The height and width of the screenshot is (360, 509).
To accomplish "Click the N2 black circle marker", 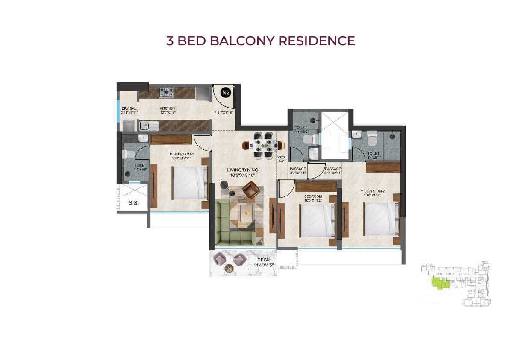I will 226,92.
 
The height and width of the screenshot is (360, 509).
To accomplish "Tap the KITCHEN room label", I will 168,108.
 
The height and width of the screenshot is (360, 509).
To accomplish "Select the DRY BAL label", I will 128,108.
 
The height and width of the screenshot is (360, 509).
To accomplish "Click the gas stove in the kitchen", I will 166,92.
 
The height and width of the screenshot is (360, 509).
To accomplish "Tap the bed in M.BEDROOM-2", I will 381,219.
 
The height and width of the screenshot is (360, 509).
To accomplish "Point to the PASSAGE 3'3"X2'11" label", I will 298,171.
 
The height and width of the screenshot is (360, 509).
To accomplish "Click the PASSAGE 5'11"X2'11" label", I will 332,171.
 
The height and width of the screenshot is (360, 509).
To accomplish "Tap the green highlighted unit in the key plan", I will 440,282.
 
